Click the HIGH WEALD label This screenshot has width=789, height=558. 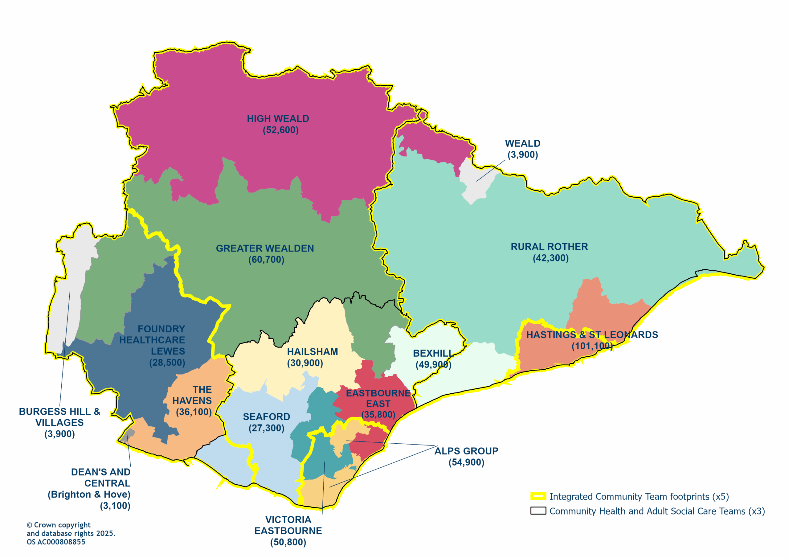278,124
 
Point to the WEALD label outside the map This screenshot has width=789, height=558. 522,149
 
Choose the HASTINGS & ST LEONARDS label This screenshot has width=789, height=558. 592,340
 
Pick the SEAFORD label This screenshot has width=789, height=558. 266,422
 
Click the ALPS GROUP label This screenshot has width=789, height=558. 466,456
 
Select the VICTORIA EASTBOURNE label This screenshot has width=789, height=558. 288,531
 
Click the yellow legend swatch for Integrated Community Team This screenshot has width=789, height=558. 538,496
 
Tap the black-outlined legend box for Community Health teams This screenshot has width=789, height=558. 538,511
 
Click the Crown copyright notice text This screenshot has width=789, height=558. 71,533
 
